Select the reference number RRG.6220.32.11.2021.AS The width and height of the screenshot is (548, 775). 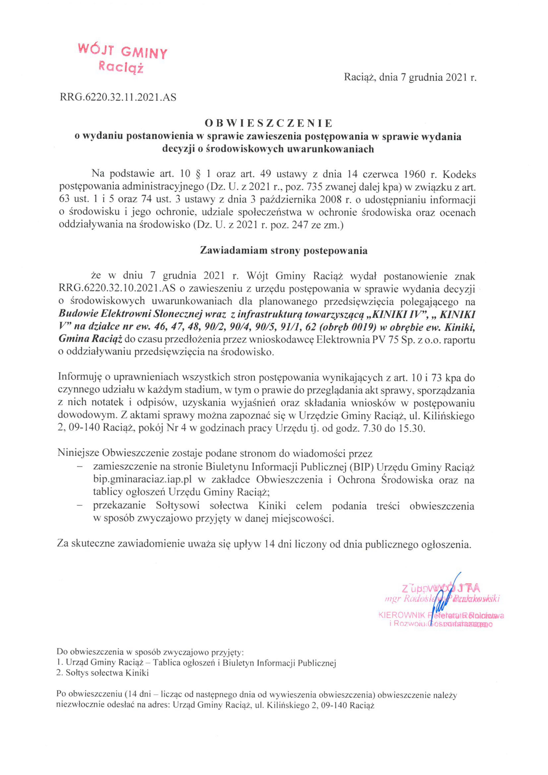pyautogui.click(x=118, y=98)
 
